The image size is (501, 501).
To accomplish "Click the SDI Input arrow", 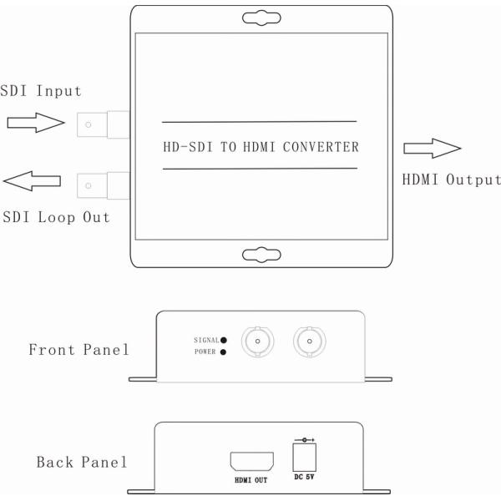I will [35, 124].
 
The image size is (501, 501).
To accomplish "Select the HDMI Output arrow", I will [432, 149].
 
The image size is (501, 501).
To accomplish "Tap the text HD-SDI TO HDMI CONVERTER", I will [261, 148].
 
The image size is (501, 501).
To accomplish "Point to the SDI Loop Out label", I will [55, 217].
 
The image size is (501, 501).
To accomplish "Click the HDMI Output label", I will [451, 180].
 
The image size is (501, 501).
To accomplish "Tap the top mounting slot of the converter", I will [261, 17].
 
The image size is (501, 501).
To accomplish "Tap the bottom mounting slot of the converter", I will [261, 254].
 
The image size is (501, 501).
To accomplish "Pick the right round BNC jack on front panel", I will [308, 342].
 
